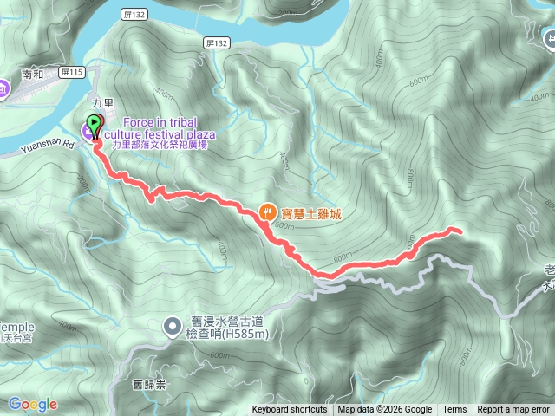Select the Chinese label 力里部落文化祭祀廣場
tap(160, 145)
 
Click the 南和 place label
tap(33, 75)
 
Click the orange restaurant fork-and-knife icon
tap(268, 211)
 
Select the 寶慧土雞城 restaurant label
tap(310, 211)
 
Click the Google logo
tap(33, 404)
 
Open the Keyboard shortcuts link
tap(290, 410)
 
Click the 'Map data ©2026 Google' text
tap(385, 410)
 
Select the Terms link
tap(454, 410)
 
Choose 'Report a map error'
tap(514, 410)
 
